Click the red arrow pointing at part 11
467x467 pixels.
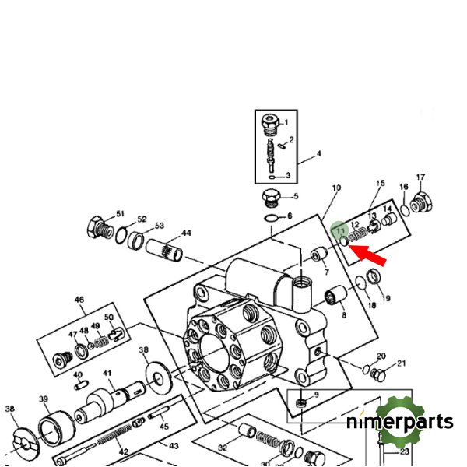(367, 255)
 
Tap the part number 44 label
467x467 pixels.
(186, 233)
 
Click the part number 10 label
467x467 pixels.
(336, 188)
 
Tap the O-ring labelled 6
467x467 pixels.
(270, 217)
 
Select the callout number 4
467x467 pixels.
(318, 154)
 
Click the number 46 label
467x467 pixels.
(79, 300)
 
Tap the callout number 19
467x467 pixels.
(386, 298)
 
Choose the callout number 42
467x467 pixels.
(124, 452)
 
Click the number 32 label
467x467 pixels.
(223, 448)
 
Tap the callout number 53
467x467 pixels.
(159, 225)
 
